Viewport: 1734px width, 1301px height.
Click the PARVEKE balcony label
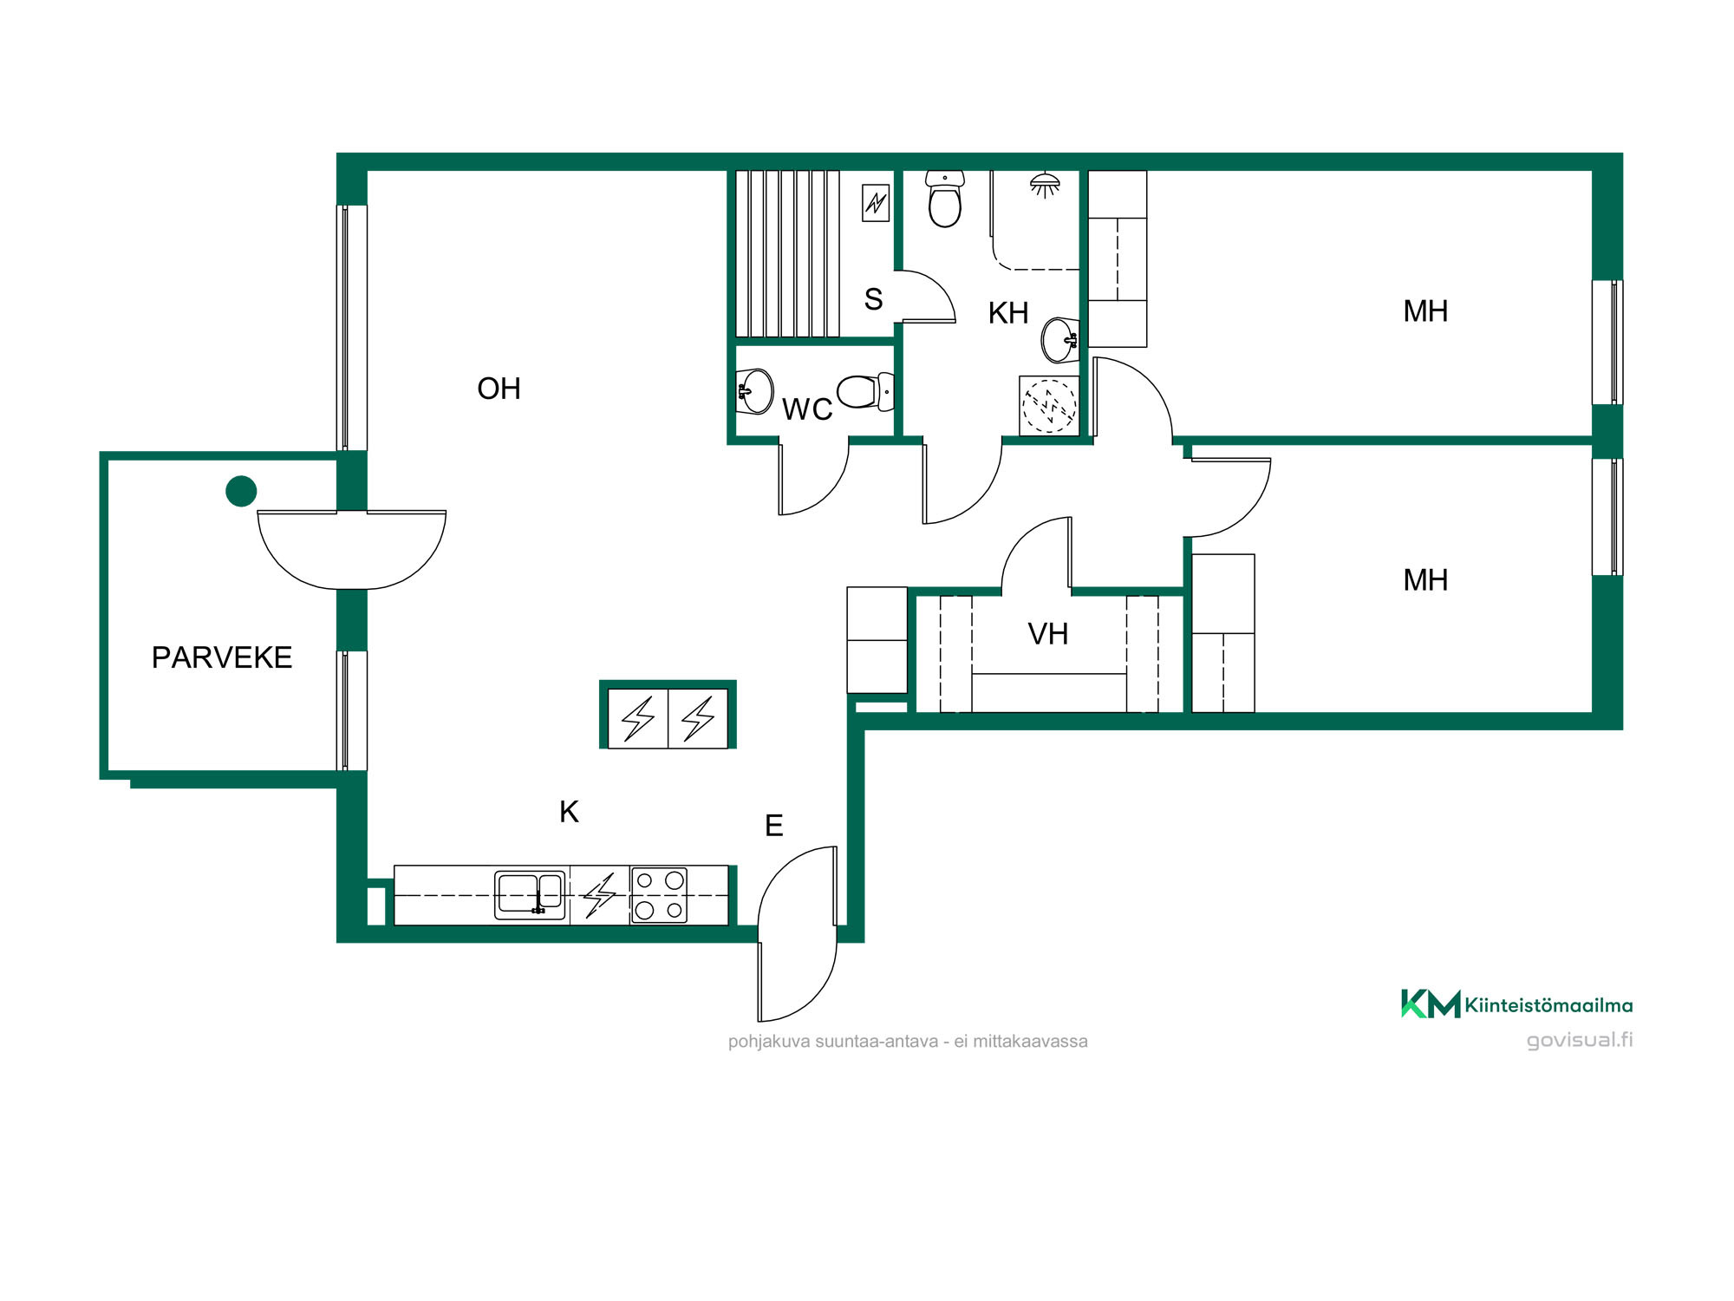pos(222,657)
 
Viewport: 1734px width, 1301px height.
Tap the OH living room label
pos(499,389)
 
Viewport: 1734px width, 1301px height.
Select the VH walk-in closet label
pos(1047,634)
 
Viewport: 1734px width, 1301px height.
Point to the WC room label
pos(807,409)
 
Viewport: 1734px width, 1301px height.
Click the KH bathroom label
pos(1008,313)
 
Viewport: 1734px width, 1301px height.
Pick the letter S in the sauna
pos(873,299)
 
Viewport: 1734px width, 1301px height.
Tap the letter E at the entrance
pos(774,826)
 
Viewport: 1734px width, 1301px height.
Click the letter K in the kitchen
pos(569,812)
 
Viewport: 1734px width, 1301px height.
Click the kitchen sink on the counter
pos(530,895)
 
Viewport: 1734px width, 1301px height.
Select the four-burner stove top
pos(659,895)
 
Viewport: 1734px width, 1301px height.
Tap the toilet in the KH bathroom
pos(944,199)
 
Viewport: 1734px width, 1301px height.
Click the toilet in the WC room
pos(865,392)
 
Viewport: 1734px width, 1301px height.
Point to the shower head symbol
pos(1045,185)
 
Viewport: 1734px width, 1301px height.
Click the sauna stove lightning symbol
pos(876,203)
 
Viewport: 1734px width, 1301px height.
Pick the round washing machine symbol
pos(1049,406)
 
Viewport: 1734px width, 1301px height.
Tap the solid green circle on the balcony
pos(241,491)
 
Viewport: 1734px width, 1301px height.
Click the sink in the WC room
pos(755,391)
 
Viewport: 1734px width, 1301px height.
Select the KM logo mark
pos(1431,1004)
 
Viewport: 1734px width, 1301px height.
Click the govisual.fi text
pos(1580,1040)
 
